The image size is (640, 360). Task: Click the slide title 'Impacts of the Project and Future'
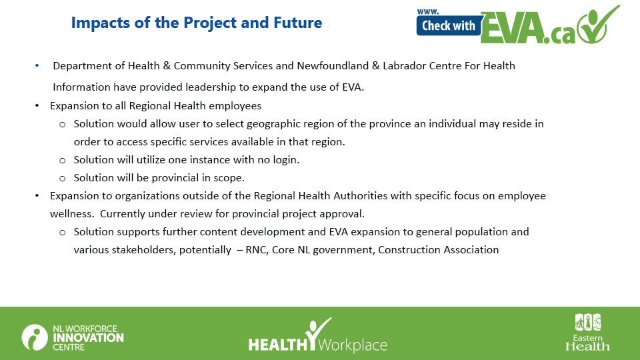coord(196,23)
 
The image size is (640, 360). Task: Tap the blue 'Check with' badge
coord(449,26)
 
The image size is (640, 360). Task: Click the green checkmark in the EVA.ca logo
coord(599,25)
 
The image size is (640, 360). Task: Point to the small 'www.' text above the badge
coord(428,12)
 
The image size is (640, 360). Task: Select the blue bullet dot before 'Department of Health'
coord(37,65)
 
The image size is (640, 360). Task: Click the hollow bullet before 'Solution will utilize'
coord(63,161)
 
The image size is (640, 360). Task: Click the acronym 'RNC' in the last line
coord(257,250)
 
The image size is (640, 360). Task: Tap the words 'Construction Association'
coord(439,250)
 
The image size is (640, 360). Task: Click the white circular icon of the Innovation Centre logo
coord(35,337)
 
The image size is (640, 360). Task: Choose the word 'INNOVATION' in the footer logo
coord(88,338)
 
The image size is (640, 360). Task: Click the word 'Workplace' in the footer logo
coord(352,345)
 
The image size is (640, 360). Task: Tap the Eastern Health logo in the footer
coord(588,332)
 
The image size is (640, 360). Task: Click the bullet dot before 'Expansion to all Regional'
coord(37,106)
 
